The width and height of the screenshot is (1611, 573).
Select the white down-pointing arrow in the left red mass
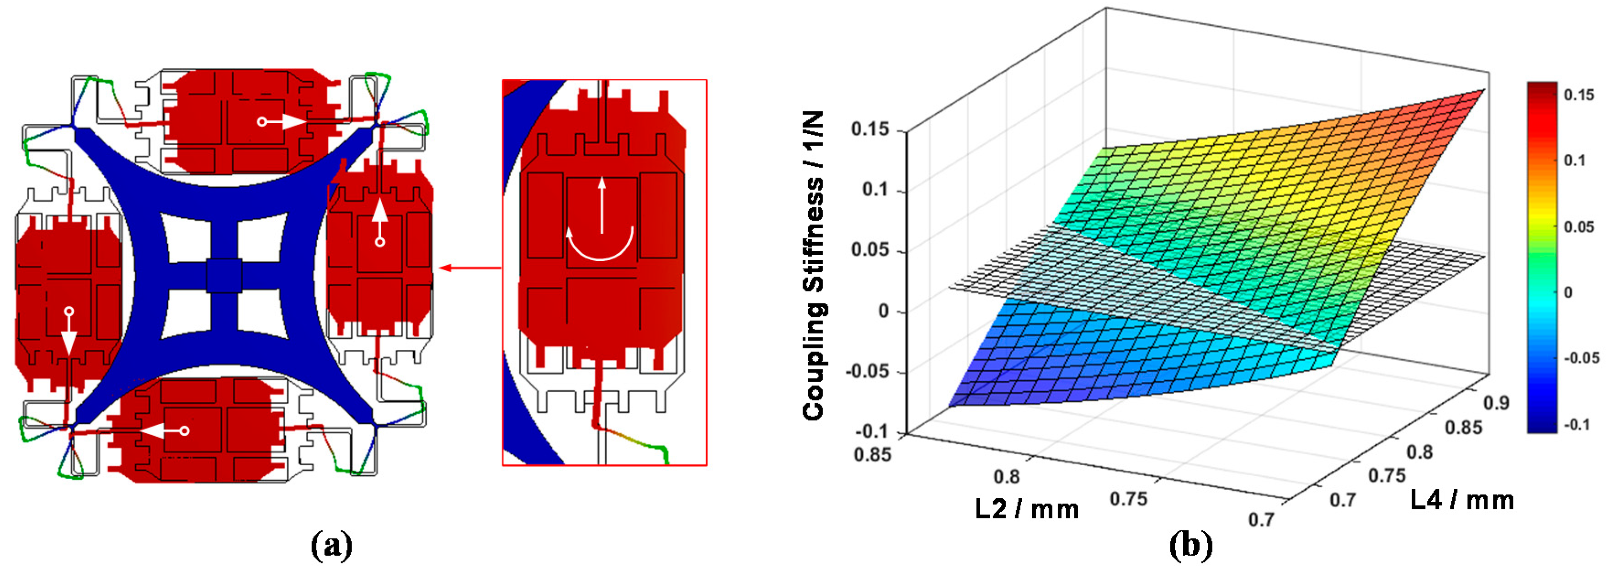(69, 337)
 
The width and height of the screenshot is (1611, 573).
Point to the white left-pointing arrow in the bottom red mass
(156, 431)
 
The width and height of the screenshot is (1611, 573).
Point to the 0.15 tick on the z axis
(870, 129)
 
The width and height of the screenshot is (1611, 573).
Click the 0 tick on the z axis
(883, 310)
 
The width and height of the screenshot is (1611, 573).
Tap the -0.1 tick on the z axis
(872, 431)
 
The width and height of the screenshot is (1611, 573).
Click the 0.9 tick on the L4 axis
(1496, 403)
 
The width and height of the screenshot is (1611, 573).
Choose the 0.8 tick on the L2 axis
(1006, 477)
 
